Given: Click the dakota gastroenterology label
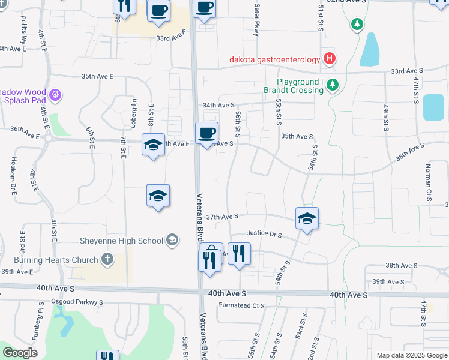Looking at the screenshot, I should tap(274, 59).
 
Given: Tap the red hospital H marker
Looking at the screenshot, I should tap(329, 58).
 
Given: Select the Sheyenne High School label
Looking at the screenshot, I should tap(122, 241).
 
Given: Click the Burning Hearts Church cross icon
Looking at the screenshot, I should tap(107, 259).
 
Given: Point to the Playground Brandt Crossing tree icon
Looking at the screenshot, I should tap(333, 86).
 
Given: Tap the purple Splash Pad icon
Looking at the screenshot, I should tap(56, 94).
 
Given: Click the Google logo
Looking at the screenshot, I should tap(20, 353).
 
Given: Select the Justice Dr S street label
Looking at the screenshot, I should tap(265, 234).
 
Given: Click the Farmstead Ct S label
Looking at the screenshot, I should tap(242, 305).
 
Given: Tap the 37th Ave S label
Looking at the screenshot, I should tap(223, 215).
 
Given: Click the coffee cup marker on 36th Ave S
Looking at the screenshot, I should tap(206, 133).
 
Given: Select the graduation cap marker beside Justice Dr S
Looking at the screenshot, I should tap(307, 219).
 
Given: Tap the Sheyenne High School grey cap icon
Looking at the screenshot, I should tap(172, 241).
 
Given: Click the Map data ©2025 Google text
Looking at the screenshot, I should tap(411, 355).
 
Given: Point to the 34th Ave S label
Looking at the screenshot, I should tap(218, 105).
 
